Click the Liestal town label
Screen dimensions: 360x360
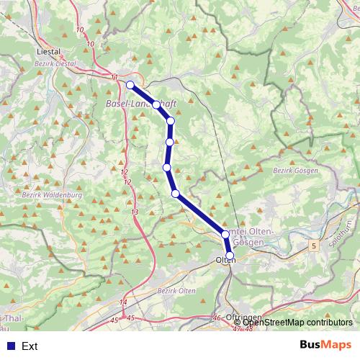pyautogui.click(x=48, y=52)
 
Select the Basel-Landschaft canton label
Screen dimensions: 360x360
pyautogui.click(x=141, y=104)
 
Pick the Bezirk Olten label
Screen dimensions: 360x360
pyautogui.click(x=176, y=290)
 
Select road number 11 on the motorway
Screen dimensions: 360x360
pyautogui.click(x=114, y=76)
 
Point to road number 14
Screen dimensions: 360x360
pyautogui.click(x=123, y=302)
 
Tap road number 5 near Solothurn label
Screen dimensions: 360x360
pyautogui.click(x=314, y=247)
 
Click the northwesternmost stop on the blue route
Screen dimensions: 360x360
pyautogui.click(x=130, y=85)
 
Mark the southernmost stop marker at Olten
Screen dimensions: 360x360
pyautogui.click(x=230, y=256)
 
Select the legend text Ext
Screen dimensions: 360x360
pyautogui.click(x=30, y=346)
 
